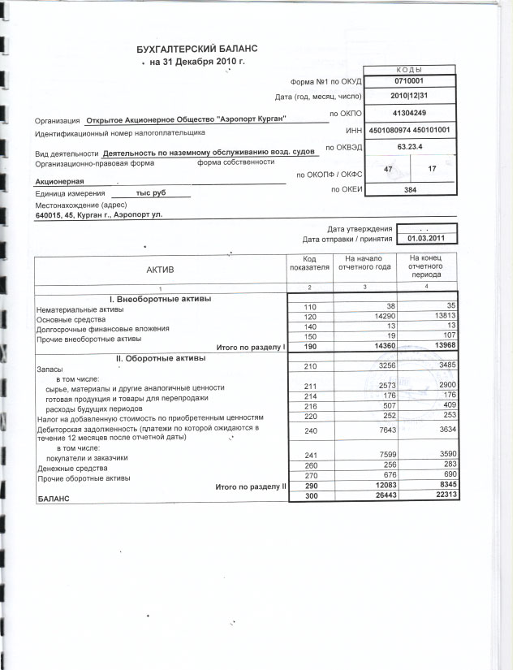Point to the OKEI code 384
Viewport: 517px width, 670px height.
(411, 190)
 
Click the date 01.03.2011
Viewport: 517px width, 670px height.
(424, 239)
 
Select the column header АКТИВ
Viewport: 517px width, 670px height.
(160, 269)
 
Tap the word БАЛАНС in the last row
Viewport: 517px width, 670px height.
(55, 498)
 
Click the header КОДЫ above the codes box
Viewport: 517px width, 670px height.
(411, 70)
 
